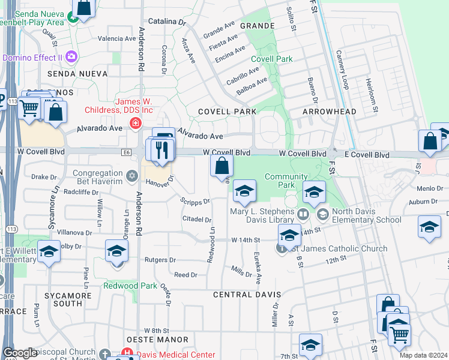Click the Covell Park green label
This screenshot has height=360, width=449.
(272, 59)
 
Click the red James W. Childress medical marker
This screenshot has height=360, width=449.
(136, 124)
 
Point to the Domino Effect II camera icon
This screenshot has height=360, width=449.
(72, 57)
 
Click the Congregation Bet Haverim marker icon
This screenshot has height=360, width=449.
(132, 179)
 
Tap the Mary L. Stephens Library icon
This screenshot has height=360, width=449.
(304, 214)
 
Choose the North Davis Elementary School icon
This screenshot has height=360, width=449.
(322, 214)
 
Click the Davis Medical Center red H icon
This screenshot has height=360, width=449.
(127, 354)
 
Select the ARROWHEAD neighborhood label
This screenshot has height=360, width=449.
(329, 112)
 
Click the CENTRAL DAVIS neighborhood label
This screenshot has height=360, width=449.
(247, 295)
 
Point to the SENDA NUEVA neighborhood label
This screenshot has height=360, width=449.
(81, 73)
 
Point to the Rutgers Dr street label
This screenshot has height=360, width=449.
(160, 260)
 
